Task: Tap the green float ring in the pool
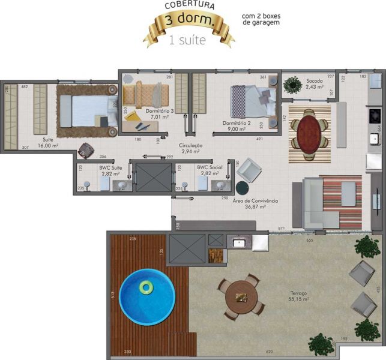[x=146, y=287]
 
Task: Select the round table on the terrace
[x=242, y=297]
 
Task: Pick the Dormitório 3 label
[x=160, y=115]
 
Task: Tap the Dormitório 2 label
[x=237, y=126]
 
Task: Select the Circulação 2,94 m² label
[x=190, y=149]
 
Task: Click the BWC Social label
[x=210, y=170]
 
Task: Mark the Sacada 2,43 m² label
[x=315, y=83]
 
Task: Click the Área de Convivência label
[x=255, y=204]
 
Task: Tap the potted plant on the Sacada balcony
[x=293, y=85]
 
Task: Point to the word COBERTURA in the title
[x=190, y=5]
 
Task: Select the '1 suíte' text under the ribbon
[x=188, y=41]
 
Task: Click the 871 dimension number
[x=282, y=229]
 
